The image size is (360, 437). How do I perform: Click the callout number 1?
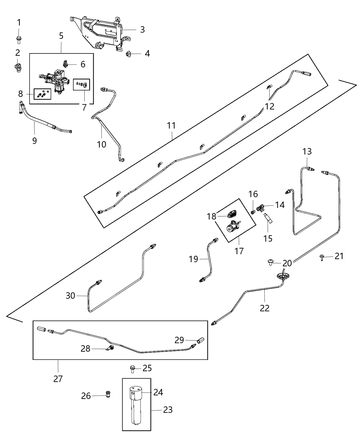pos(19,23)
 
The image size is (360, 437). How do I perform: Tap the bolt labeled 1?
pos(19,40)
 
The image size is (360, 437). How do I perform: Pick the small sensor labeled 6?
pos(67,63)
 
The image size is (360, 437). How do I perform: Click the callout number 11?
pos(171,125)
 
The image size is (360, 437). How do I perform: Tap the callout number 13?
pos(307,151)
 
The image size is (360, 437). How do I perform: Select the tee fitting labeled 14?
pos(263,207)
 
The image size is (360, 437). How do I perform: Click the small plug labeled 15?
pos(268,219)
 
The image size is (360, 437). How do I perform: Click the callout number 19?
pos(193,259)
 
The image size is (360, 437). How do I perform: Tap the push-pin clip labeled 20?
pos(271,262)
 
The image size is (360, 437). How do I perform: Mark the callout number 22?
pos(264,307)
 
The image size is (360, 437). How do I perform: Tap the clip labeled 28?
pos(110,349)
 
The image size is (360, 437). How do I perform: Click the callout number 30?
pos(70,295)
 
